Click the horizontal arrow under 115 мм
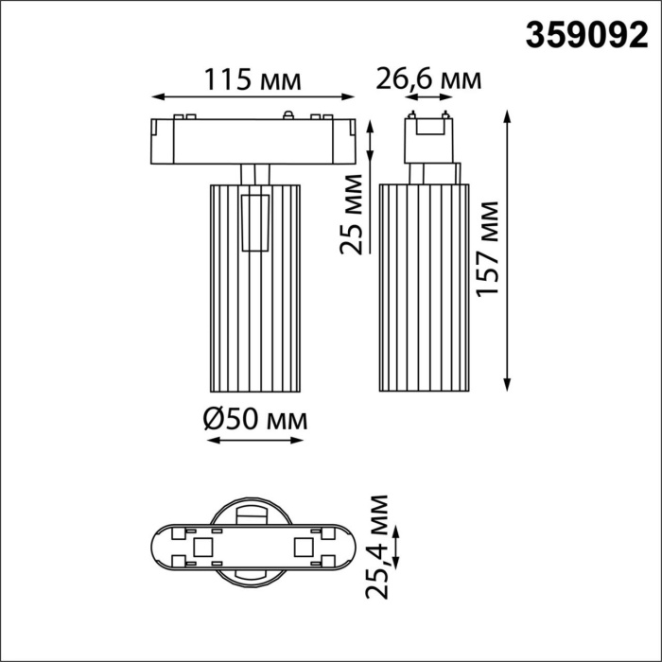[253, 96]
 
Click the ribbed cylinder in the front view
[253, 312]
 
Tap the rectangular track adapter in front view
[253, 141]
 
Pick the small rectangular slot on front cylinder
[253, 223]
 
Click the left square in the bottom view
[201, 548]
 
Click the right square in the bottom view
[303, 548]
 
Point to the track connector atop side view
[428, 137]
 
